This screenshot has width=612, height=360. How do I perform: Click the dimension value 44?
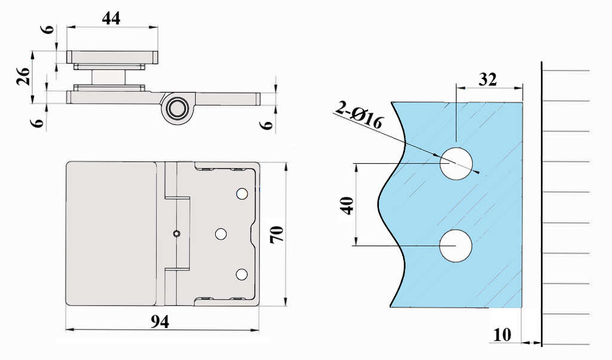[x=111, y=18]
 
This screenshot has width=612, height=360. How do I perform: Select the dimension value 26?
[x=23, y=77]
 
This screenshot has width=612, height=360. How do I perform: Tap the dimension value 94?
[x=160, y=322]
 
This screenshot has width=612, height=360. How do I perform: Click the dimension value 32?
[x=488, y=80]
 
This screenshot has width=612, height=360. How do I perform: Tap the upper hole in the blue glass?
[x=456, y=163]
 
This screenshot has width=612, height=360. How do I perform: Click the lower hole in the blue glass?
[x=456, y=246]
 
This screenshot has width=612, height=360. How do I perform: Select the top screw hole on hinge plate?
[x=242, y=194]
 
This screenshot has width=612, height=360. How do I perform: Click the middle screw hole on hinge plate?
[x=221, y=234]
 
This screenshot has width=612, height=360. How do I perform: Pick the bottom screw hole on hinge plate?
[x=241, y=274]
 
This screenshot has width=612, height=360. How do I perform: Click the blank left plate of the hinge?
[x=111, y=233]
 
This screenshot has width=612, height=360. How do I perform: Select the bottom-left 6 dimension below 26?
[x=39, y=123]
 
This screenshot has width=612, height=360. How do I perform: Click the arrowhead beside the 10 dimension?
[x=529, y=343]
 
